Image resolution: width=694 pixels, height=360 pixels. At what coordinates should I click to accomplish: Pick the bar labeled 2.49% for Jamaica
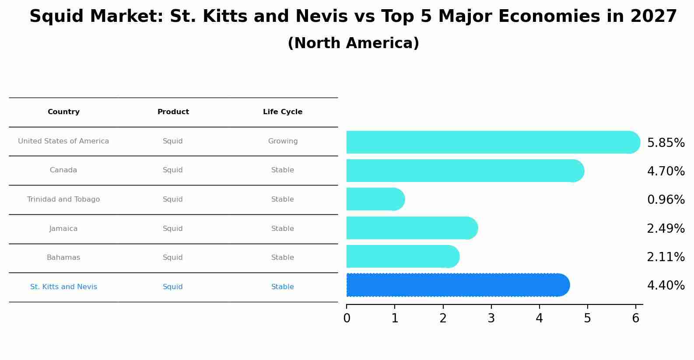(x=412, y=228)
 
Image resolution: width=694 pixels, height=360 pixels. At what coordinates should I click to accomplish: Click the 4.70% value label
(x=666, y=171)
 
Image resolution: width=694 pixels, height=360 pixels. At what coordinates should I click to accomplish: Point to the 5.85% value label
(x=666, y=143)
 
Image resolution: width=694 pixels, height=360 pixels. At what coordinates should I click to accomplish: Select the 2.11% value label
(x=666, y=257)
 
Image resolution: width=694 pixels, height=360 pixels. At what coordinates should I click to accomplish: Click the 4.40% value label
(x=666, y=286)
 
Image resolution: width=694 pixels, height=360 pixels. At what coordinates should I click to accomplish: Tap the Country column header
(x=63, y=112)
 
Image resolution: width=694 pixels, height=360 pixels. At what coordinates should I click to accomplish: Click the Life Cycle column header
(x=283, y=112)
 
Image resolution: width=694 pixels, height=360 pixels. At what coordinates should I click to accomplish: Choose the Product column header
(x=173, y=112)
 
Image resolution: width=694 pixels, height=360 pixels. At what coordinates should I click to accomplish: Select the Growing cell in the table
(x=283, y=141)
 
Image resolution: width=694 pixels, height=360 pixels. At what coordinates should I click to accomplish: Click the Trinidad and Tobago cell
(x=63, y=199)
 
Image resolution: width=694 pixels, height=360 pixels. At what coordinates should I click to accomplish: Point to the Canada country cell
(x=63, y=170)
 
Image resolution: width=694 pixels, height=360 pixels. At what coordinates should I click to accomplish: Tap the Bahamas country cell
(x=63, y=258)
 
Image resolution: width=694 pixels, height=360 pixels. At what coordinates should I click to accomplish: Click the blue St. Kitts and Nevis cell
(x=63, y=287)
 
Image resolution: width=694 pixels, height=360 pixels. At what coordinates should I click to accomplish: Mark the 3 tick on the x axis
(x=491, y=318)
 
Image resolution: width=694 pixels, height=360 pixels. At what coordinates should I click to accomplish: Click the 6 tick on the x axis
(x=636, y=318)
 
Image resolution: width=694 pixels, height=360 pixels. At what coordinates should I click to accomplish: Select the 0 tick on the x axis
(x=347, y=318)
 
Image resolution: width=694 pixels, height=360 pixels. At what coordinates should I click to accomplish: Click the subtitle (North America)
(x=353, y=43)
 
